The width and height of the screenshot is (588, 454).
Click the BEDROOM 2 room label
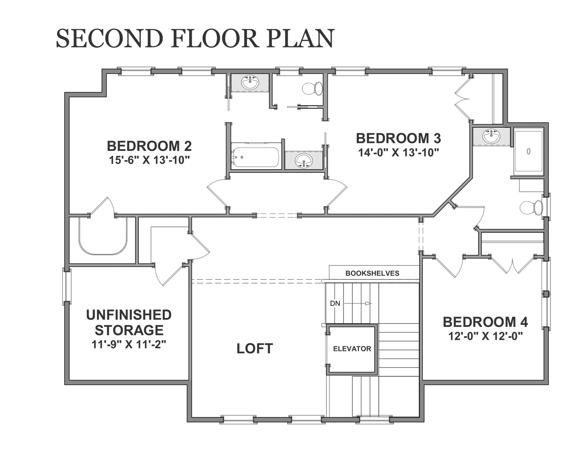tap(149, 146)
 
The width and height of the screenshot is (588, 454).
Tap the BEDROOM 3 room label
tap(398, 138)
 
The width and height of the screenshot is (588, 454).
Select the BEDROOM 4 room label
tap(485, 322)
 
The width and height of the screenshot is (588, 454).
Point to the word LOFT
tap(255, 349)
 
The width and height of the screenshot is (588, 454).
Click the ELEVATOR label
tap(352, 349)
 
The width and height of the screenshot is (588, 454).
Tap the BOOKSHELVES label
tap(372, 273)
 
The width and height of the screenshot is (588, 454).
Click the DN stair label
tap(335, 304)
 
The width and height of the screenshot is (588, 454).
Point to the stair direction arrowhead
tap(368, 303)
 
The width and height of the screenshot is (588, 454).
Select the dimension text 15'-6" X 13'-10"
tap(149, 160)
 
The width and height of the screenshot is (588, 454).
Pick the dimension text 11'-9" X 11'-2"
tap(129, 345)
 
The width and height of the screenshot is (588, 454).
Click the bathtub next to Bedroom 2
tap(255, 157)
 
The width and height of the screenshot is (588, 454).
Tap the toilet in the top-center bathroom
tap(312, 88)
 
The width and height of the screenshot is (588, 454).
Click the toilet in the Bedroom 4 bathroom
tap(531, 208)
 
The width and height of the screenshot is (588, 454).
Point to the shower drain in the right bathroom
tap(529, 151)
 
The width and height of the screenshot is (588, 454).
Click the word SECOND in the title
tap(109, 38)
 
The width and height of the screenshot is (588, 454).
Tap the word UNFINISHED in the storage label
tap(129, 315)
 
